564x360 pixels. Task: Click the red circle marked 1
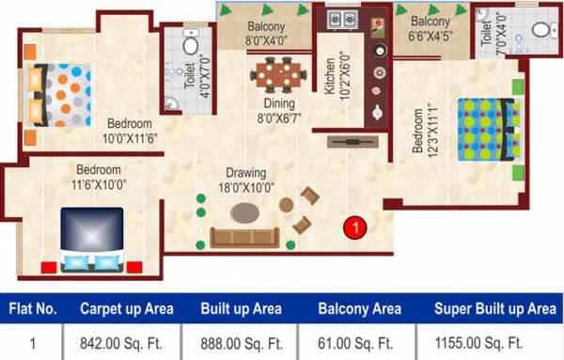click(x=355, y=227)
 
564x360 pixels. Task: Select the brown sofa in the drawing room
click(x=244, y=237)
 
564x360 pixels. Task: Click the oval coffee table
click(x=247, y=211)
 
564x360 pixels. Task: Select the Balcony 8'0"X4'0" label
click(x=267, y=34)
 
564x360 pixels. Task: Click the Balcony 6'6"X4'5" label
click(x=431, y=28)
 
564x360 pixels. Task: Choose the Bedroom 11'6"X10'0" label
click(x=98, y=177)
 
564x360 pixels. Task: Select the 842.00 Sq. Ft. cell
click(x=117, y=342)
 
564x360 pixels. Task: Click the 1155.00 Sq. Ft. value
click(x=494, y=342)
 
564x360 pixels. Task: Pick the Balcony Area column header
click(x=360, y=308)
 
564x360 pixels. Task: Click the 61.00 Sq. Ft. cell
click(x=359, y=342)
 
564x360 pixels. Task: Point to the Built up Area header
click(x=240, y=308)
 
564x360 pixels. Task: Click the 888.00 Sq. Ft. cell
click(x=240, y=342)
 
